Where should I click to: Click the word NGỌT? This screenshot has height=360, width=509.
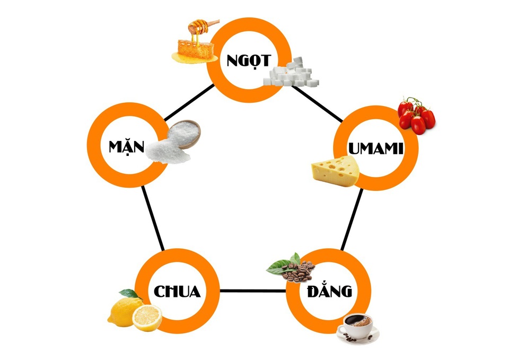248,59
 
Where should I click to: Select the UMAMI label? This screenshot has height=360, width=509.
375,148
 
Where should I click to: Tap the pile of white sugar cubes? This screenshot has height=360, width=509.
292,74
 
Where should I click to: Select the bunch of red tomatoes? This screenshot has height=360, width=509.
416,115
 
